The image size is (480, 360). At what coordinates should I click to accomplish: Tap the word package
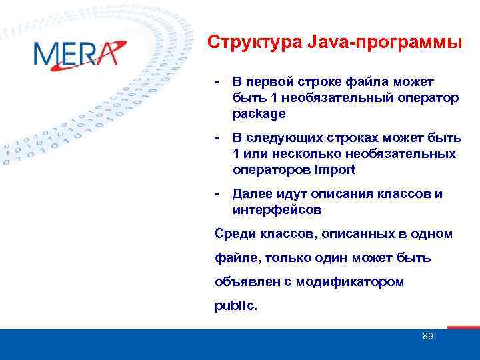tap(259, 113)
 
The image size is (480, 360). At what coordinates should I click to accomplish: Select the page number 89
tap(427, 337)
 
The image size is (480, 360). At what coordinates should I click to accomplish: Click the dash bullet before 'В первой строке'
tap(217, 82)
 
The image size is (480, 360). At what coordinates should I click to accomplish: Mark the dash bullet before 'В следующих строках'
tap(217, 138)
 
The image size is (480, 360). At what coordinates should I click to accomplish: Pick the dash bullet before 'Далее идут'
tap(217, 194)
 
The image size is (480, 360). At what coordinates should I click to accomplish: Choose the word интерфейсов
tap(277, 210)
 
